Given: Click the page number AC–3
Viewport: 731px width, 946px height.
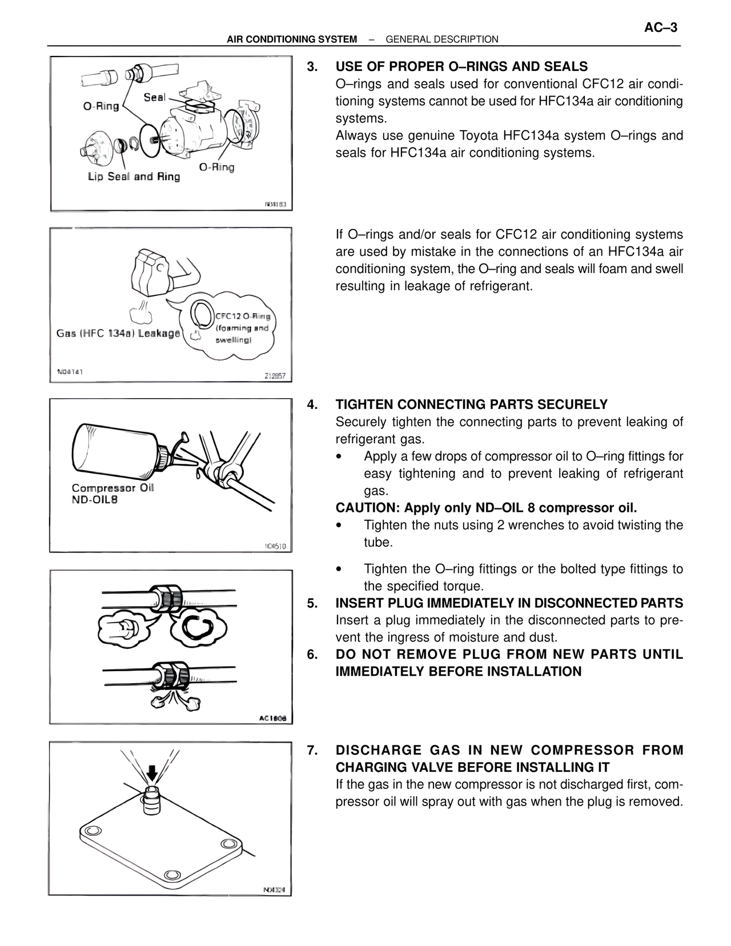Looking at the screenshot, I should tap(661, 27).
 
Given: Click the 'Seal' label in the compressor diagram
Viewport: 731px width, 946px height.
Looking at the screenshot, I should tap(155, 97).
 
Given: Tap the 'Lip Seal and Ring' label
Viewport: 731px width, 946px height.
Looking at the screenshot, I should tap(134, 177).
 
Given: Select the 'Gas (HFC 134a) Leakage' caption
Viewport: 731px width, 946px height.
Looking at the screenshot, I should tap(118, 333).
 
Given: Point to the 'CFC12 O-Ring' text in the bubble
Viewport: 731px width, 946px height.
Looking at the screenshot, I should tap(243, 316).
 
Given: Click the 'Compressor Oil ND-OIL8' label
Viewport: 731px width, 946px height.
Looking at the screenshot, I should tap(113, 494).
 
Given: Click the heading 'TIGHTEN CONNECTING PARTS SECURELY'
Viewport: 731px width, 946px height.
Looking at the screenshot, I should tap(471, 404).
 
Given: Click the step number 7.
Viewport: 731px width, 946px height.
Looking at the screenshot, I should tap(312, 750).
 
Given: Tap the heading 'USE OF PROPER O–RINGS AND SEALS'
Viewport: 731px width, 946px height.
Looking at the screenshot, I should tap(461, 66).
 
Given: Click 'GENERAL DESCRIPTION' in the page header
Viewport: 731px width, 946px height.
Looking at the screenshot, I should tap(442, 39).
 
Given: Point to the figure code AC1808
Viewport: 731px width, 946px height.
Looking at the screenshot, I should tap(272, 718).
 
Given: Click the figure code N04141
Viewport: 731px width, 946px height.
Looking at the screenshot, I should tap(70, 371).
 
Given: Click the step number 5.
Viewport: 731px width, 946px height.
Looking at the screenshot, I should tap(312, 603).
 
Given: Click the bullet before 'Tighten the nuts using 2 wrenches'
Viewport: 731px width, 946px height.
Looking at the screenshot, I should tap(340, 525).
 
